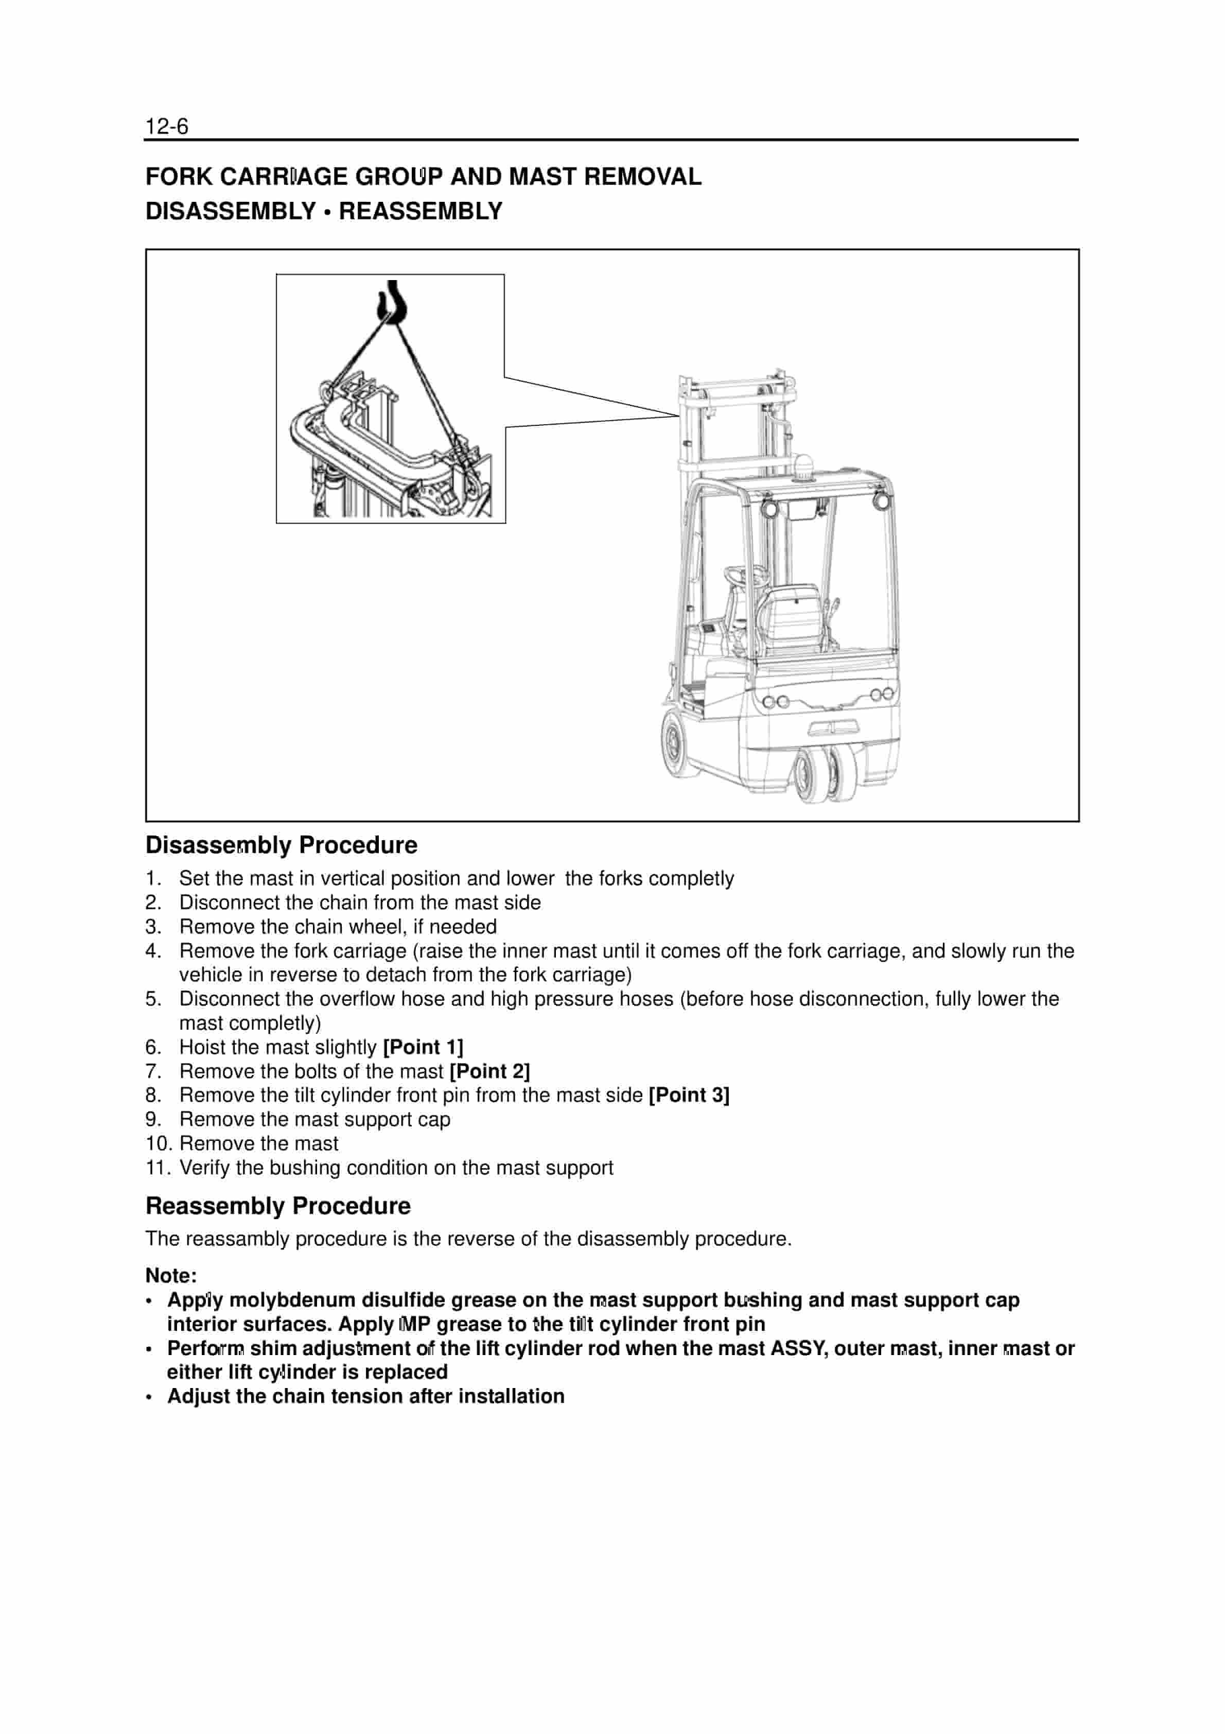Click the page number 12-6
tap(166, 126)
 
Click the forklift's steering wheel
tap(746, 574)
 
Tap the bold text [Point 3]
tap(689, 1095)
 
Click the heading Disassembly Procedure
tap(281, 845)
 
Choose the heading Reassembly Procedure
tap(278, 1206)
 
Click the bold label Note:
tap(171, 1276)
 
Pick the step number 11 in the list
tap(157, 1168)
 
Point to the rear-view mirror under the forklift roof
tap(801, 511)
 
